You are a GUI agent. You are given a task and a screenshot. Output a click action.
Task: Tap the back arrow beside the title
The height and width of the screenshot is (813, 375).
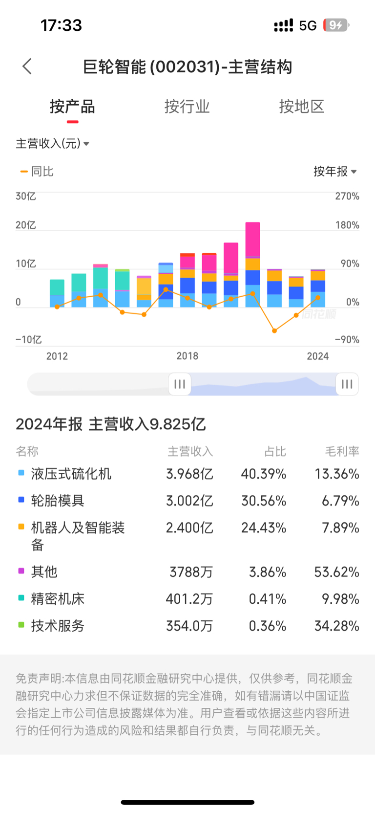coord(27,66)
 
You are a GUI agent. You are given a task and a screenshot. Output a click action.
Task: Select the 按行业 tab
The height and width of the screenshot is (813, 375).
coord(187,107)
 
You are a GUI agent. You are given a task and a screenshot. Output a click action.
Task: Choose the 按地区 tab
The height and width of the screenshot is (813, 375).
coord(301,107)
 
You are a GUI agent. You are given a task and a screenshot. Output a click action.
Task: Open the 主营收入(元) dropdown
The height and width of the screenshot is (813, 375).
coord(52,144)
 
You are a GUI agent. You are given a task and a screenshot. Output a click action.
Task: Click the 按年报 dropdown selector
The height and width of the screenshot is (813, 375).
coord(335,172)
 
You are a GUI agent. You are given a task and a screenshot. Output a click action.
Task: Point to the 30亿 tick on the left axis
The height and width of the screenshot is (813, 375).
coord(26,197)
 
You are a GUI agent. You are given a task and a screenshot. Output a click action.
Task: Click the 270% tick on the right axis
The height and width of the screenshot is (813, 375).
coord(347,197)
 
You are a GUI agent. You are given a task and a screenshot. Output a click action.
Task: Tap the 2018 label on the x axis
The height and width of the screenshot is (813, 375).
coord(187,356)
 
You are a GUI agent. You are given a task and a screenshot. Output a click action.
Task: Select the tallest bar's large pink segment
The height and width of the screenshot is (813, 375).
coord(252,239)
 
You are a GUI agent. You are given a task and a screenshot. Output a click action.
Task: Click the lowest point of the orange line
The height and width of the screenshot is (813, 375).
coord(274,331)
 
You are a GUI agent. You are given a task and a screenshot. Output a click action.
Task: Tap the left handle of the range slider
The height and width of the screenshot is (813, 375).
coord(179,384)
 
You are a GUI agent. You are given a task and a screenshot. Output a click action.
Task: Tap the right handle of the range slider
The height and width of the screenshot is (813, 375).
coord(347,384)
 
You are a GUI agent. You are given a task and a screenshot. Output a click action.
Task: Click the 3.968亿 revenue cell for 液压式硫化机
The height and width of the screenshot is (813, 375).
coord(189,474)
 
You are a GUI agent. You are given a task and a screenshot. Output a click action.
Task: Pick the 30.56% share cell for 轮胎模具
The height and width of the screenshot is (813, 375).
coord(264,501)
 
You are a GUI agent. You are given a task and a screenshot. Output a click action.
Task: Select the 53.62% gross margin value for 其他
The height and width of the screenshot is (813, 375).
coord(336,572)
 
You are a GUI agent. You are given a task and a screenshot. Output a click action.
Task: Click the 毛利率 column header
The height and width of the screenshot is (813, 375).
coord(342,452)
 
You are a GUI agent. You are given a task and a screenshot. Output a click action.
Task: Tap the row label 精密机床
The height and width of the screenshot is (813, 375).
coord(58,599)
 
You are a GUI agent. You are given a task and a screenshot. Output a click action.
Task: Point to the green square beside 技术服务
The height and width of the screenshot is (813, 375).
coord(21,625)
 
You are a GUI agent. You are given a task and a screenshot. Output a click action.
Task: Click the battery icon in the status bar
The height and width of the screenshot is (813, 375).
coord(336,25)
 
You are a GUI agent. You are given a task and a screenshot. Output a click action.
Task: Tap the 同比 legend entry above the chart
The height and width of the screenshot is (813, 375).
coord(37,172)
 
